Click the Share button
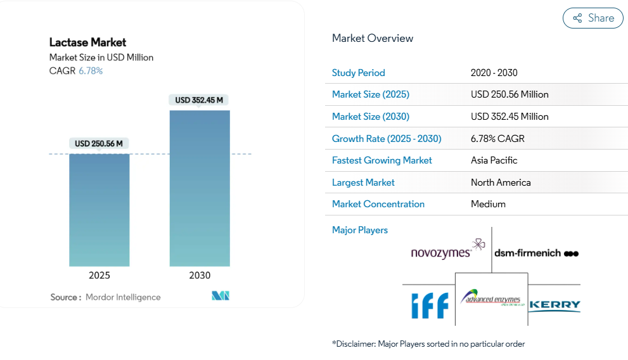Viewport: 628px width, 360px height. (x=593, y=18)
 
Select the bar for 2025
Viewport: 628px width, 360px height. (x=99, y=210)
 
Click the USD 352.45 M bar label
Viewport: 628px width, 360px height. (x=200, y=100)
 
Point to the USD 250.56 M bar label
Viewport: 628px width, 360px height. (x=99, y=144)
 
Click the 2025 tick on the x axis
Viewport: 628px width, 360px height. (x=99, y=275)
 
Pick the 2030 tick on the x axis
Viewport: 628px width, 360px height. (x=200, y=275)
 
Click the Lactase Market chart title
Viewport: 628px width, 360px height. (x=88, y=42)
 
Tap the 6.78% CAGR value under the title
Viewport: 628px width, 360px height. (x=91, y=71)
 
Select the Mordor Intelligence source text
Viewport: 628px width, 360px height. (x=123, y=297)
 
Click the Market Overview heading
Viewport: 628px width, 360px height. (x=373, y=38)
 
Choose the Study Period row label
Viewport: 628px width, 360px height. (x=359, y=73)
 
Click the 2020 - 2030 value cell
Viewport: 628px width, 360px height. (x=494, y=73)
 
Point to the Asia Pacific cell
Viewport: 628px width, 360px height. (x=494, y=160)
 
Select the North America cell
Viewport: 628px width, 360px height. (x=501, y=183)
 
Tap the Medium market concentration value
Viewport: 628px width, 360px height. (x=488, y=204)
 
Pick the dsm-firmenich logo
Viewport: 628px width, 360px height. (x=536, y=253)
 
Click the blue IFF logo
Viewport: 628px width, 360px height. (x=430, y=305)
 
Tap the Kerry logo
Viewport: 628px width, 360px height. (x=554, y=305)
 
